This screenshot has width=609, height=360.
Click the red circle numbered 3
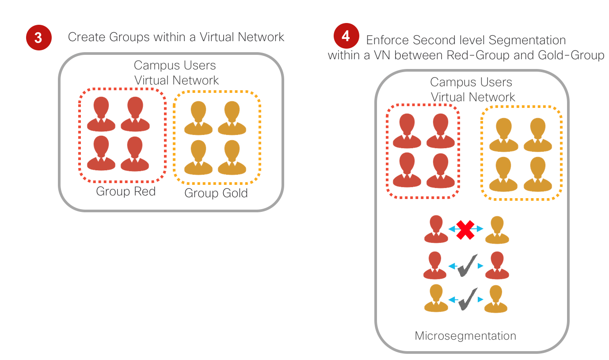click(x=38, y=38)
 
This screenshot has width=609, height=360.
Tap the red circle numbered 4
click(x=346, y=36)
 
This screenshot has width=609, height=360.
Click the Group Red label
click(x=126, y=191)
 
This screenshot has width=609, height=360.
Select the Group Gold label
click(x=216, y=193)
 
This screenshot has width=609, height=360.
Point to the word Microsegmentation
click(x=465, y=336)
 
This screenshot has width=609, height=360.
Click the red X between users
click(x=466, y=229)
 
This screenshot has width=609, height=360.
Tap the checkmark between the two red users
click(x=468, y=265)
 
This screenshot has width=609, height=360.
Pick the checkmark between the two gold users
click(x=468, y=299)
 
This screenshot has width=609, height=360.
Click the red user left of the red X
click(x=436, y=229)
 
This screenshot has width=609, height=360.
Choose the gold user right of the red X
click(x=497, y=230)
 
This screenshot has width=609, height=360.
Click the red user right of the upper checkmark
click(x=497, y=265)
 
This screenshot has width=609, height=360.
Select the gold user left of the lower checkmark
click(x=436, y=299)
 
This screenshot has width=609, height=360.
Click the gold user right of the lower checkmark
click(x=496, y=299)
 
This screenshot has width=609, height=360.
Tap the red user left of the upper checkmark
click(x=435, y=265)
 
